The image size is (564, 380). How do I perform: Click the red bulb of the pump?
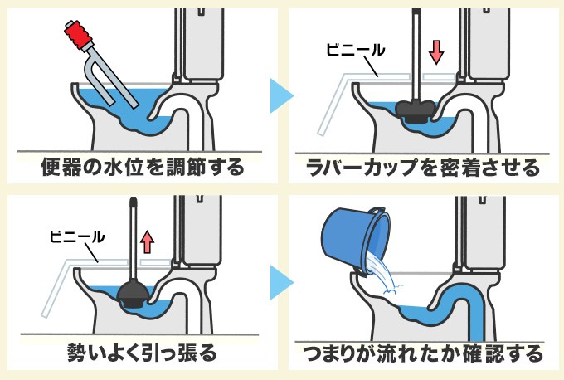[x=77, y=33]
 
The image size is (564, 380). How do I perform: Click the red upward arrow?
[x=147, y=241]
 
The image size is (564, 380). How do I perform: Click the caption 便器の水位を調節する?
[x=143, y=168]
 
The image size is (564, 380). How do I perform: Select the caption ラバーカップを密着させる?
[x=422, y=168]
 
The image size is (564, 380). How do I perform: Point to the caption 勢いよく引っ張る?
[x=143, y=354]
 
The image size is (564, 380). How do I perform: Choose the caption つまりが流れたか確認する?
[x=422, y=354]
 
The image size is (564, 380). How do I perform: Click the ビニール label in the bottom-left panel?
[x=75, y=236]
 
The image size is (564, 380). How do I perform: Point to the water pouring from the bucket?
[x=382, y=275]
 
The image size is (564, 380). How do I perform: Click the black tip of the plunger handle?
[x=133, y=202]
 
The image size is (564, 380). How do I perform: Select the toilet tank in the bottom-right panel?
[x=485, y=232]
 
